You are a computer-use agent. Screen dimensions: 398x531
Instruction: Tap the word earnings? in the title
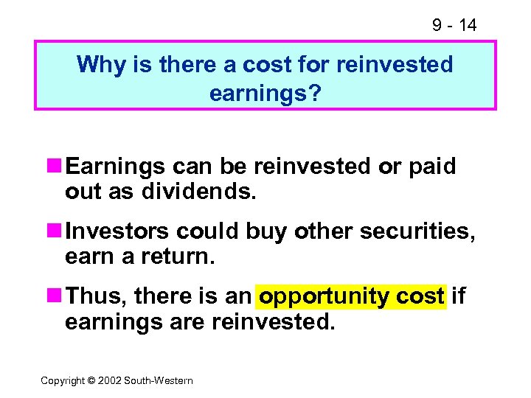pyautogui.click(x=265, y=94)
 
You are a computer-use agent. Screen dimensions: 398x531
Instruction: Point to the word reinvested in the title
pyautogui.click(x=395, y=65)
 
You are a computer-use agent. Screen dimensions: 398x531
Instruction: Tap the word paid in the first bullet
pyautogui.click(x=431, y=167)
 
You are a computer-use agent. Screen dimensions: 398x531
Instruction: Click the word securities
pyautogui.click(x=417, y=231)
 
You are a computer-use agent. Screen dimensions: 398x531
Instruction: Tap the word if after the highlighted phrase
pyautogui.click(x=458, y=296)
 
